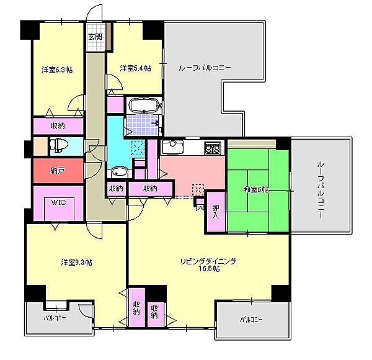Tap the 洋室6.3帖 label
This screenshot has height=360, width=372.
tap(57, 70)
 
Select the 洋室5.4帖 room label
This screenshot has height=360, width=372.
tap(135, 68)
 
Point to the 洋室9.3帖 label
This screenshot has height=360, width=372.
tap(76, 262)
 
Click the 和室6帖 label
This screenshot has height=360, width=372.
tap(257, 189)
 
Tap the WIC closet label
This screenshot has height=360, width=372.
tap(59, 202)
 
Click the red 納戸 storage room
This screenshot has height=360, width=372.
tap(58, 170)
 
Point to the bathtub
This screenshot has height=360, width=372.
tap(145, 104)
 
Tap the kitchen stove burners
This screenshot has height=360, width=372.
tap(213, 148)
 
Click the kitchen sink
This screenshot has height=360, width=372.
tap(171, 148)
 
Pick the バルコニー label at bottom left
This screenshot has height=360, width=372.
tap(56, 318)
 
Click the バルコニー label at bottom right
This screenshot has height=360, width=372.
tap(251, 320)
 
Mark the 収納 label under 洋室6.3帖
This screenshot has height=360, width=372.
tap(58, 125)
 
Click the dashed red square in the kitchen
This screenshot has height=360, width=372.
tap(198, 189)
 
